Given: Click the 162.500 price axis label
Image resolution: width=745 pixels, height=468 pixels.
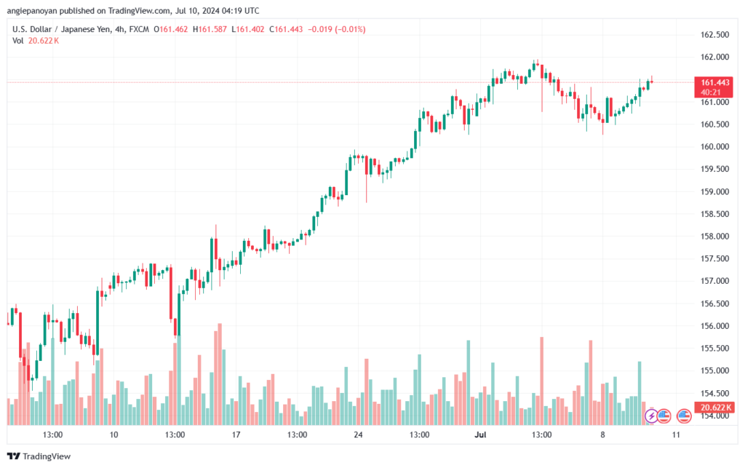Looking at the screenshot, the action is pyautogui.click(x=714, y=35).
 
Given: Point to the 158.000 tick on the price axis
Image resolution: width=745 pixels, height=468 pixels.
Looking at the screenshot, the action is pyautogui.click(x=714, y=236).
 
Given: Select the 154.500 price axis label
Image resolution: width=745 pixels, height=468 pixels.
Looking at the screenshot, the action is pyautogui.click(x=714, y=394).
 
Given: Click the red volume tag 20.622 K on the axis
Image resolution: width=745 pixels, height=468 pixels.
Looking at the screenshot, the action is pyautogui.click(x=714, y=407).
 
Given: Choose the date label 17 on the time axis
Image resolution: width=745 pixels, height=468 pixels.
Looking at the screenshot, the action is pyautogui.click(x=236, y=435).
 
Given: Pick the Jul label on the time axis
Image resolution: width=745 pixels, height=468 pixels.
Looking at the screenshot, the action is pyautogui.click(x=480, y=435).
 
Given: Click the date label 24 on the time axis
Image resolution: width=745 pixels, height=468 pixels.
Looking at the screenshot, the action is pyautogui.click(x=358, y=435).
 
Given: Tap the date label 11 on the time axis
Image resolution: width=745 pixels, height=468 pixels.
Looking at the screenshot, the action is pyautogui.click(x=676, y=435).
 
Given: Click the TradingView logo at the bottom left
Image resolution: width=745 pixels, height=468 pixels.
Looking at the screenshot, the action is pyautogui.click(x=39, y=456).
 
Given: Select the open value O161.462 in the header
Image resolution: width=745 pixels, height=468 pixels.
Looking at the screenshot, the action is pyautogui.click(x=170, y=29).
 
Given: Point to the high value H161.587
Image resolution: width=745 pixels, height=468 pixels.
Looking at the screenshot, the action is pyautogui.click(x=210, y=29).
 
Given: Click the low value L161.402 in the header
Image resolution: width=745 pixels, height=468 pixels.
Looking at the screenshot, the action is pyautogui.click(x=248, y=29).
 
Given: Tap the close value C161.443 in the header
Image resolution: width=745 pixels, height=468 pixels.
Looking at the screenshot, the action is pyautogui.click(x=286, y=29).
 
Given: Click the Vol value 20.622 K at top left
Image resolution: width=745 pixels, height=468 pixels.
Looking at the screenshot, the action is pyautogui.click(x=43, y=41).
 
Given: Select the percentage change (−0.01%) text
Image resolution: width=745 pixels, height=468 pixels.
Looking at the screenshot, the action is pyautogui.click(x=350, y=29).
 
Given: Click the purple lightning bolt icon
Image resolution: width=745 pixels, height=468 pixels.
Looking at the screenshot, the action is pyautogui.click(x=651, y=416).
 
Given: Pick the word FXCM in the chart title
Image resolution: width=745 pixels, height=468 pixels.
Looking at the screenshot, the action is pyautogui.click(x=139, y=29).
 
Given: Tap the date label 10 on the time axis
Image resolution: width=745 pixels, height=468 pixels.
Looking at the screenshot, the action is pyautogui.click(x=113, y=435).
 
